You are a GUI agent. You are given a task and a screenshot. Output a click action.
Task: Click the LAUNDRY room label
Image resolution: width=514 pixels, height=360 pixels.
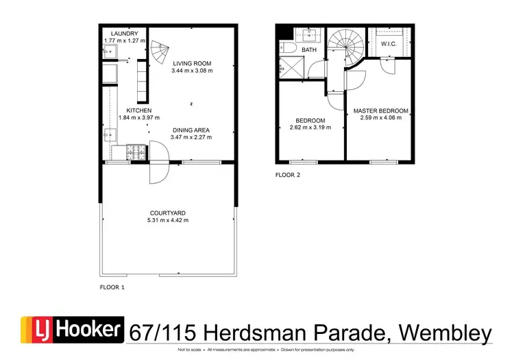pos(125,34)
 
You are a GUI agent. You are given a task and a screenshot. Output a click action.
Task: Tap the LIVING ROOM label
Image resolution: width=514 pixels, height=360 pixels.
pos(192,62)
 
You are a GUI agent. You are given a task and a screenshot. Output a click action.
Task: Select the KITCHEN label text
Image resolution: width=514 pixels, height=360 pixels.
pos(138,110)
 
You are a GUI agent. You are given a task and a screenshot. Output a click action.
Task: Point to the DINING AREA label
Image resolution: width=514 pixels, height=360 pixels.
pos(191,130)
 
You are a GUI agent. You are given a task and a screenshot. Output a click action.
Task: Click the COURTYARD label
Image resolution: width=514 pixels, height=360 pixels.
pos(167,213)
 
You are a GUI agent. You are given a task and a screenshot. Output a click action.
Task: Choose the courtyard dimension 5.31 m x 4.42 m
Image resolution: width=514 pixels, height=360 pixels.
pos(167,220)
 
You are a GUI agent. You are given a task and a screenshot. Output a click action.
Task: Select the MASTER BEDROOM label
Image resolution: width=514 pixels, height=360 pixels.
pos(380,110)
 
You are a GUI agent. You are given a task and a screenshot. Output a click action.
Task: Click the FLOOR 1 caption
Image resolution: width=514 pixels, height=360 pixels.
pos(112,287)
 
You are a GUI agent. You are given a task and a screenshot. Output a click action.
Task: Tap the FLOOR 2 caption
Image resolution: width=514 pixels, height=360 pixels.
pos(288,175)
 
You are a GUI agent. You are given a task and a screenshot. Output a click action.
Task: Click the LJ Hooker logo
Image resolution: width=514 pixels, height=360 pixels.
pos(72,331)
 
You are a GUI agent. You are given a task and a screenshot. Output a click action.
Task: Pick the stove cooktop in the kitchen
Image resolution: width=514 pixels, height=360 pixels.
pos(136,152)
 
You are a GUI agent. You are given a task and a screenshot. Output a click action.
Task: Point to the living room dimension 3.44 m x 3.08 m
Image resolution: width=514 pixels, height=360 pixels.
pos(192,70)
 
